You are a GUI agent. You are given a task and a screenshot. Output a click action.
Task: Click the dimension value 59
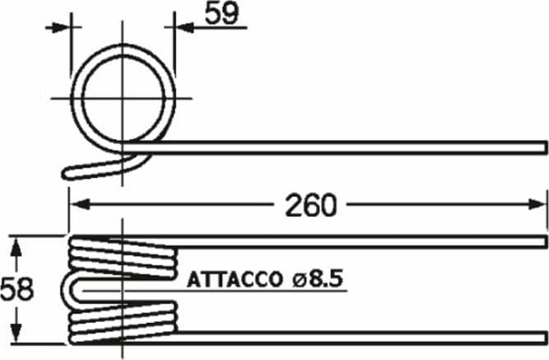pos(221,13)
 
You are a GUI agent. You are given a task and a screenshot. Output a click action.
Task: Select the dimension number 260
pos(311,205)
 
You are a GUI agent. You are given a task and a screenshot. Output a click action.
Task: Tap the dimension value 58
pos(16,289)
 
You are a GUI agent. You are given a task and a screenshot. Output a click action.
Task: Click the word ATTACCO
pos(235,280)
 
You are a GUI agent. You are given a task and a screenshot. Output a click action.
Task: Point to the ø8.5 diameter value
pos(317,279)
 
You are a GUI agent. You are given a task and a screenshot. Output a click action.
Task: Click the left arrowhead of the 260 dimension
pos(80,204)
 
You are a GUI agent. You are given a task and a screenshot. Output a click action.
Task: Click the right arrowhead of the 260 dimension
pos(537,204)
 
